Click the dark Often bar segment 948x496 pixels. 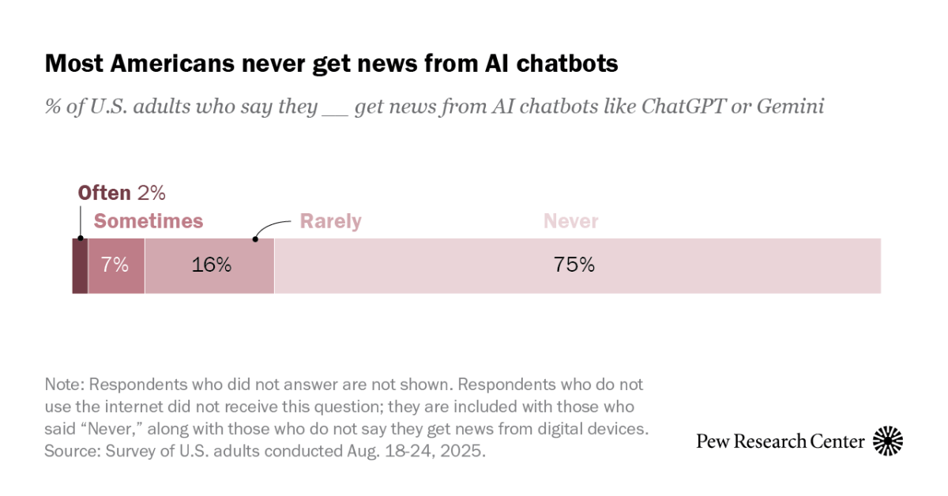coord(80,266)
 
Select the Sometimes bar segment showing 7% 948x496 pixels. coord(116,266)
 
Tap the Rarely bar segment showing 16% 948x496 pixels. coord(210,266)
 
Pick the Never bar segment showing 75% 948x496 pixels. coord(577,266)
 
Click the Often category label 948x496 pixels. coord(103,194)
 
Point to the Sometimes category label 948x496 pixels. coord(149,221)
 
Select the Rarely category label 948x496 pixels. coord(330,221)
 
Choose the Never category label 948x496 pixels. coord(570,221)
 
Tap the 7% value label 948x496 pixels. coord(116,265)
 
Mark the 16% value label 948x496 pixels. coord(211,265)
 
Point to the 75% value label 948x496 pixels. coord(574,265)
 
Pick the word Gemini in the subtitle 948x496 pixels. coord(790,106)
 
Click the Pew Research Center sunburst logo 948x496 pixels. coord(887,441)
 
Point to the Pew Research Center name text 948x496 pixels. coord(781,441)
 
